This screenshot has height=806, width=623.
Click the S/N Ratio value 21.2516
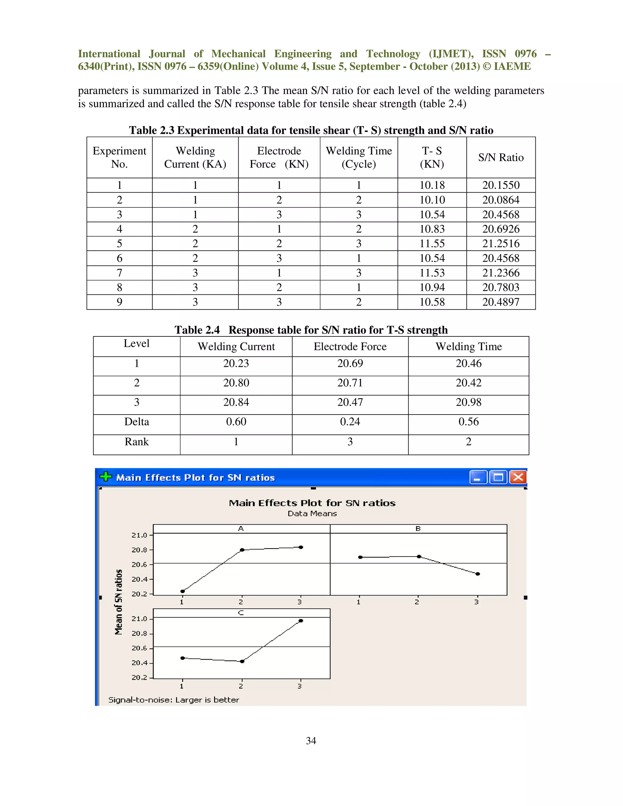pos(500,244)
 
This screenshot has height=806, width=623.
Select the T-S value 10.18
pos(432,185)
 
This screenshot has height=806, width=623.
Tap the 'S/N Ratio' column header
pos(500,158)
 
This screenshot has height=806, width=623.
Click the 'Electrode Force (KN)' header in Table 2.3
pos(279,158)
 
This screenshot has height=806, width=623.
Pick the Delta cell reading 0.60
pos(236,422)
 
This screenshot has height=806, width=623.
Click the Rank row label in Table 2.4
pos(137,442)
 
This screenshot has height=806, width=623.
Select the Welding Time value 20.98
pos(468,402)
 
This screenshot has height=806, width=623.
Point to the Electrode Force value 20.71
pos(350,383)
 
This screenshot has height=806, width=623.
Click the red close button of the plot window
pos(518,477)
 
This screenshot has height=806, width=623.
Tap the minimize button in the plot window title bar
pos(478,477)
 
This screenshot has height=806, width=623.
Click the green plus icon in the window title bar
pos(106,477)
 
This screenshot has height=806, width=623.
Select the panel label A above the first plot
pos(241,529)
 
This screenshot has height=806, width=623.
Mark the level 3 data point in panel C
pos(301,621)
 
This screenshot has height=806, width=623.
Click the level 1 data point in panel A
pos(182,591)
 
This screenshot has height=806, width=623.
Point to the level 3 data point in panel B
pos(478,574)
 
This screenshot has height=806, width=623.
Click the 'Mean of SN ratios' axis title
pos(118,602)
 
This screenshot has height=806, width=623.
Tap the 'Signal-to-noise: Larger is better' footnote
pos(173,700)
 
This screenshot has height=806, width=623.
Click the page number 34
pos(311,741)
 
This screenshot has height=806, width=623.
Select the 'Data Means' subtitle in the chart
pos(312,513)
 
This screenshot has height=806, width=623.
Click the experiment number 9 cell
pos(119,302)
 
